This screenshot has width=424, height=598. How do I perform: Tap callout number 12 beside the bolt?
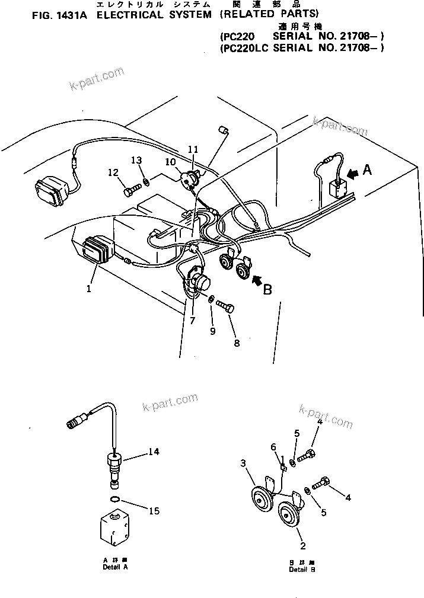point(113,172)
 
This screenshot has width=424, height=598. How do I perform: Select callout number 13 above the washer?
point(136,160)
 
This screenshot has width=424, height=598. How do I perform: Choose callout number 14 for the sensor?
point(154,452)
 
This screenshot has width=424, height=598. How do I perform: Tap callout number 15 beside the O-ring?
point(154,510)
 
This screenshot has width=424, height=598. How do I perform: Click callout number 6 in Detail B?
point(274,447)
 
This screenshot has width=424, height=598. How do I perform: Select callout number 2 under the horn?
point(302,545)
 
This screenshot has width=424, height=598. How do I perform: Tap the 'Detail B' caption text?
point(302,570)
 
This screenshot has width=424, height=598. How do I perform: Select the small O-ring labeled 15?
point(118,501)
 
